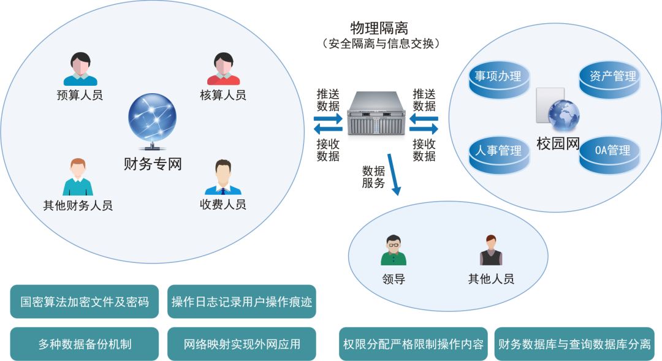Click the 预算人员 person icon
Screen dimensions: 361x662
coord(80,69)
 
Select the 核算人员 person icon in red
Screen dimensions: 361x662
coord(223,69)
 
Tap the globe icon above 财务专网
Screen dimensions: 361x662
coord(152,120)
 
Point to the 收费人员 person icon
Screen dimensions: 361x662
coord(223,177)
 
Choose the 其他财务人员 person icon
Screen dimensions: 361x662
coord(78,177)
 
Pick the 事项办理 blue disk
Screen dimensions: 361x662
coord(498,78)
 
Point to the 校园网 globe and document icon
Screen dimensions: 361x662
coord(557,110)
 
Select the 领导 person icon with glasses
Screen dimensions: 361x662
coord(393,250)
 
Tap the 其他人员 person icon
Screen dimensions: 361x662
coord(490,250)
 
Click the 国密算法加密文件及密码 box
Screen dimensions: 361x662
coord(85,302)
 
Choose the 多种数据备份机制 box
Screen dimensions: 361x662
coord(85,344)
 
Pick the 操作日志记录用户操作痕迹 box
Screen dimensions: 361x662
coord(242,302)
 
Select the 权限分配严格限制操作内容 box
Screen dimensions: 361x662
coord(413,344)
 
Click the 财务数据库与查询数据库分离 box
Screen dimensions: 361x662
coord(574,344)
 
